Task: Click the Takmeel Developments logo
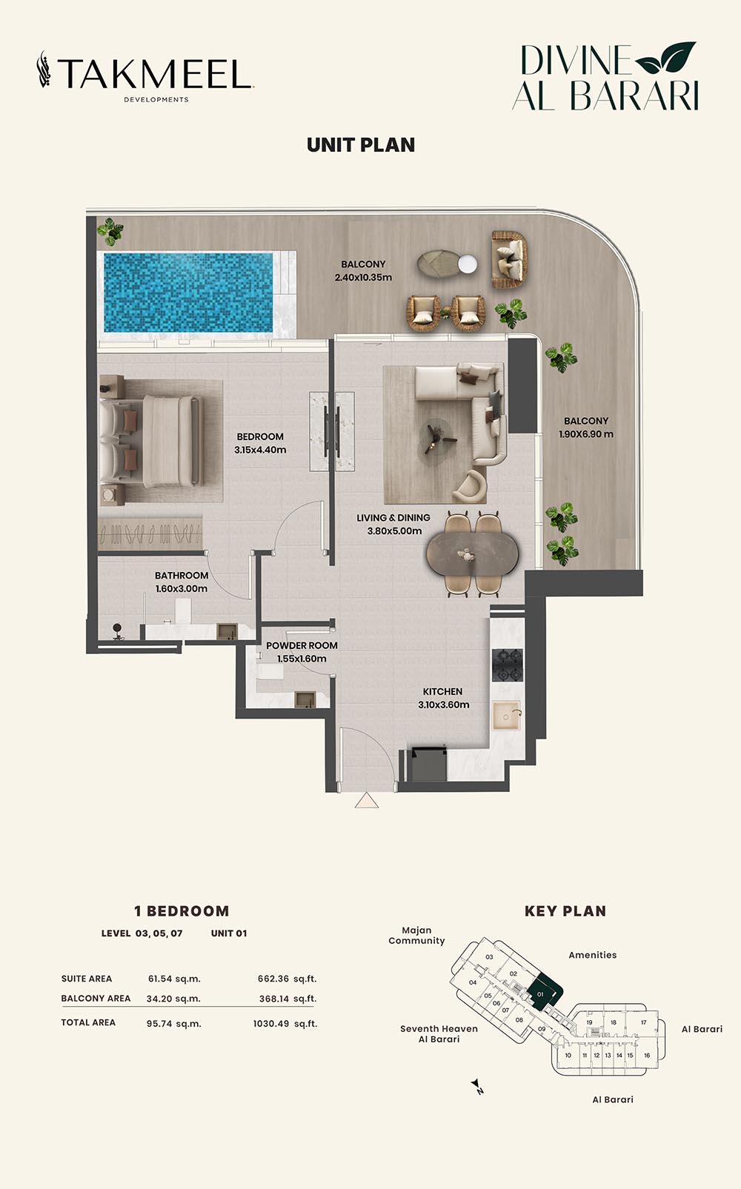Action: pos(145,76)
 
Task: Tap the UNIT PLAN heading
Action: pos(361,145)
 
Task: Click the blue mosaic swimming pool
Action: pos(188,293)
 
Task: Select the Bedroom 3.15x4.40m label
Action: pos(260,443)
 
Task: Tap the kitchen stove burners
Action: pos(508,665)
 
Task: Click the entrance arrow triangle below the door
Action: pos(367,801)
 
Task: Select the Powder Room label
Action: pos(302,652)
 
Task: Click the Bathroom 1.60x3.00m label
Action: pos(182,582)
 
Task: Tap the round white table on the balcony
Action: pos(468,264)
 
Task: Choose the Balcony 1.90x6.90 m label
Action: pos(586,427)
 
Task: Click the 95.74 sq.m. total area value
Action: pos(174,1023)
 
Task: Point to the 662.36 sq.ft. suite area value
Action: pos(288,979)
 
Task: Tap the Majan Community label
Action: pos(416,936)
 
